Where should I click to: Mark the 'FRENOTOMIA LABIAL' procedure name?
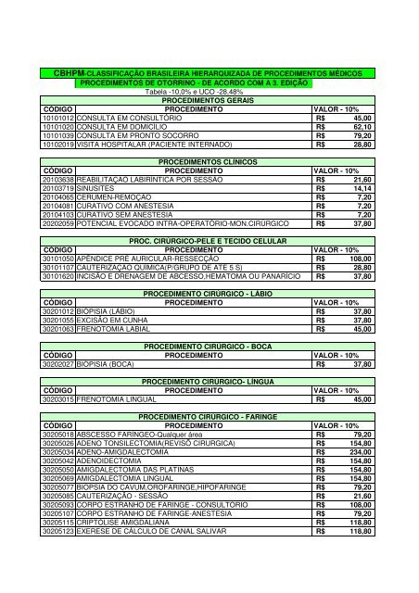click(x=116, y=328)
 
